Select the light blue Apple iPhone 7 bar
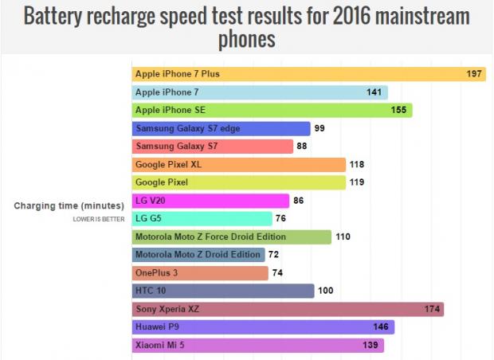pos(260,92)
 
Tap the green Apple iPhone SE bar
pos(272,110)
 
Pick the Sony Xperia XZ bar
pos(288,309)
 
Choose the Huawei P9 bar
pos(263,327)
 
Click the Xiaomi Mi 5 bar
pos(257,346)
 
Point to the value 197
pos(475,74)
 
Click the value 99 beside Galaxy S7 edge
pos(320,128)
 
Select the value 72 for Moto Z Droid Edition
pos(274,255)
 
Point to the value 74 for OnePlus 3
pos(278,273)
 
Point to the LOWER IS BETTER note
pos(97,218)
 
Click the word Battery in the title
pos(58,17)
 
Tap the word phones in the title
pos(247,38)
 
